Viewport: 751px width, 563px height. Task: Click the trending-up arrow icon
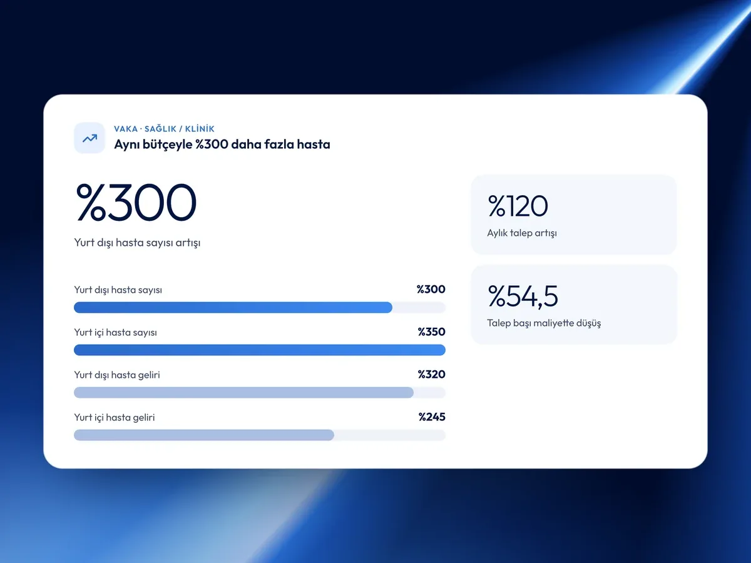[89, 138]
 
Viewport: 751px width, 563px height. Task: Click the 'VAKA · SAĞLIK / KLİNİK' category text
[164, 129]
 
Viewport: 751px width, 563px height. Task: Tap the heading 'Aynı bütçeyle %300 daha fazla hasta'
[222, 145]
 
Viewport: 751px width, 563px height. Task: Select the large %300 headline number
[136, 202]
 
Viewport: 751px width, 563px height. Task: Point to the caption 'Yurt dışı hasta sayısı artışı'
[137, 243]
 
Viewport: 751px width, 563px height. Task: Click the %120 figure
[518, 206]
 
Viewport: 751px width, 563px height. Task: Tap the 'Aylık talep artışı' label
[522, 233]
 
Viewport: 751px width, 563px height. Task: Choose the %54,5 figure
[523, 296]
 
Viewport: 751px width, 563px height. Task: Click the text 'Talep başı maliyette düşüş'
[544, 323]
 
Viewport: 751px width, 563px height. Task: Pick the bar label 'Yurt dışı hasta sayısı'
[118, 290]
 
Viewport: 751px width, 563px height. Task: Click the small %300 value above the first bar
[431, 289]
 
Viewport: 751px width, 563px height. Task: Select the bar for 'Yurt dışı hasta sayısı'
[233, 307]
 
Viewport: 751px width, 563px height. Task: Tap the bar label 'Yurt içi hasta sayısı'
[116, 332]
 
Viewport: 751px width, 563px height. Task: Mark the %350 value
[431, 332]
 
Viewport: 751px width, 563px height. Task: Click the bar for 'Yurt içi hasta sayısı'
[260, 350]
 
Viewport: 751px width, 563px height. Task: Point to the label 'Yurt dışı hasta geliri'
[117, 375]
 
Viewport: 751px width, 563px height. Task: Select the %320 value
[431, 374]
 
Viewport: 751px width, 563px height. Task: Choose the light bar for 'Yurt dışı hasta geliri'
[243, 392]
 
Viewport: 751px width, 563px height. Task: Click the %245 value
[432, 417]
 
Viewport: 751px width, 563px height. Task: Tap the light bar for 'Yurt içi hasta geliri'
[204, 435]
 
